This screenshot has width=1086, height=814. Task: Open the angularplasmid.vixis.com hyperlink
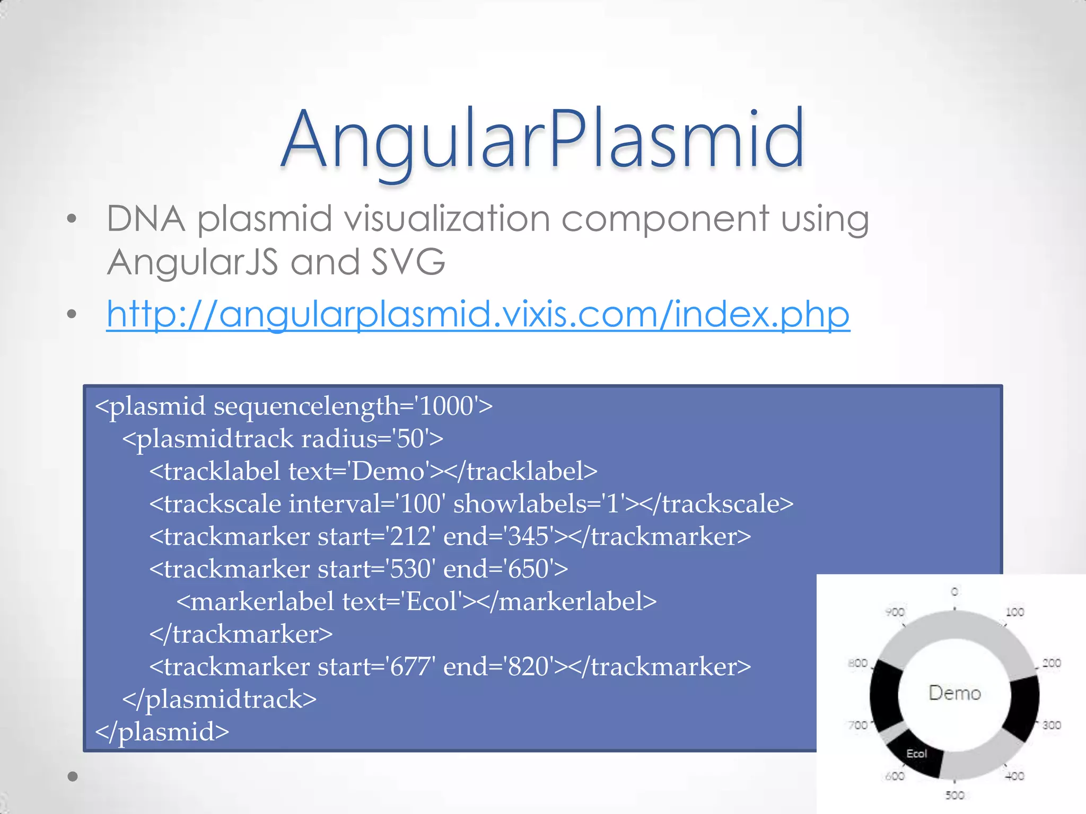coord(478,314)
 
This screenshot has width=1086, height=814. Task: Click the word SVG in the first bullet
coord(408,262)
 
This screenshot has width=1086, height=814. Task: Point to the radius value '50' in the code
coord(410,439)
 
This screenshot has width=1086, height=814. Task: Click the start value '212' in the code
coord(410,537)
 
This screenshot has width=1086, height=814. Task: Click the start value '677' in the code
coord(410,667)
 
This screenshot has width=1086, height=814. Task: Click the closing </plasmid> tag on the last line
coord(162,732)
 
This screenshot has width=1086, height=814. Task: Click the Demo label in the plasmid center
coord(954,693)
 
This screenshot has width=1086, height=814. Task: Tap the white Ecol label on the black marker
coord(916,754)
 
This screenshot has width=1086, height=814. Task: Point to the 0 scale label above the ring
coord(954,591)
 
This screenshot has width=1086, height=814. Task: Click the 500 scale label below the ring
coord(954,795)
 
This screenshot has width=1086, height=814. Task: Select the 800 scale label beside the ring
coord(857,663)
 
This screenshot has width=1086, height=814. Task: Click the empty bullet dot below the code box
coord(73,777)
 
